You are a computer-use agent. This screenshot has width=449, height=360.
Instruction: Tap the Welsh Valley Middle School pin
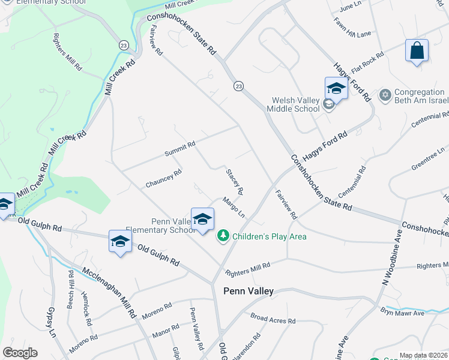coord(336,89)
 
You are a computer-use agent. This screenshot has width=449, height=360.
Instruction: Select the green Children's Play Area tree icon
coord(223,236)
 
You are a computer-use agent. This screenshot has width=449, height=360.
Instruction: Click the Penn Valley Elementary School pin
coord(202,220)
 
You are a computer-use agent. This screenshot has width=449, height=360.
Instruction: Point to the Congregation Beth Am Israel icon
coord(385,95)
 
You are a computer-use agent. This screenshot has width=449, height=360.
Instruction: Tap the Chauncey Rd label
coord(163,179)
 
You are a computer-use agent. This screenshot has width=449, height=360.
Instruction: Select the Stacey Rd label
coord(235,182)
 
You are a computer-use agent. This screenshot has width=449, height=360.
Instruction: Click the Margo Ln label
coord(234,208)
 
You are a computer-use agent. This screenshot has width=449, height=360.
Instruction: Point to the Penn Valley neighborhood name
coord(249,291)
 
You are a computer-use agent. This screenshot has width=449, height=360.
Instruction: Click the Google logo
coord(20,352)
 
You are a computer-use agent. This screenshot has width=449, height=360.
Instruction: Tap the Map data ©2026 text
coord(423,355)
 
